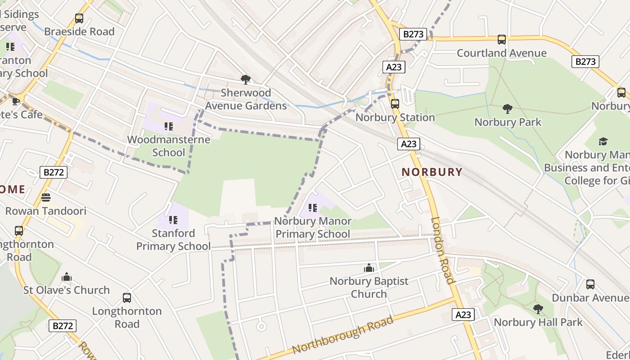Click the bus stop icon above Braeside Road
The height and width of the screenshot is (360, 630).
pos(79,18)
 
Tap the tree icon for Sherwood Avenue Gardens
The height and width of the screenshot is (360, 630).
pos(246,80)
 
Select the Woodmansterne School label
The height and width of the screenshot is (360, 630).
pos(168,146)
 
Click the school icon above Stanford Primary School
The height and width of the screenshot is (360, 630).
pos(173,220)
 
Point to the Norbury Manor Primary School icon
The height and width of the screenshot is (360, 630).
pos(313,208)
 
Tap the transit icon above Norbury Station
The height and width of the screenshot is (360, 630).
pos(395,104)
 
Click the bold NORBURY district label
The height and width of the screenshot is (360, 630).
pos(432,172)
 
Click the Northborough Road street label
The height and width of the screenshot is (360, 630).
pos(343,335)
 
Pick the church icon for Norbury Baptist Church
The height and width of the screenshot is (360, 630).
pos(369,268)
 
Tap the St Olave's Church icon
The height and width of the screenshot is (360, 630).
pos(66,277)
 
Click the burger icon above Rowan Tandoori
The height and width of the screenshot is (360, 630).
pos(45,198)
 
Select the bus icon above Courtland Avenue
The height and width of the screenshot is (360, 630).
pos(502,40)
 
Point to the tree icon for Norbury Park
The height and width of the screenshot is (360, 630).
pos(508,109)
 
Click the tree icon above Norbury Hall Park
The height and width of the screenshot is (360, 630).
pos(538,309)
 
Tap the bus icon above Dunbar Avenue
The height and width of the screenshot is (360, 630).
pos(590,284)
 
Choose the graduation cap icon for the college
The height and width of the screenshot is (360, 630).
pos(603,142)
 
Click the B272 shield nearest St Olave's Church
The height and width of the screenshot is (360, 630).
pos(63,326)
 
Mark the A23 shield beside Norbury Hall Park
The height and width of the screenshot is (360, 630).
pos(463,315)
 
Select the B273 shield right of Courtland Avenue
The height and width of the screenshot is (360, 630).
pos(585,62)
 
